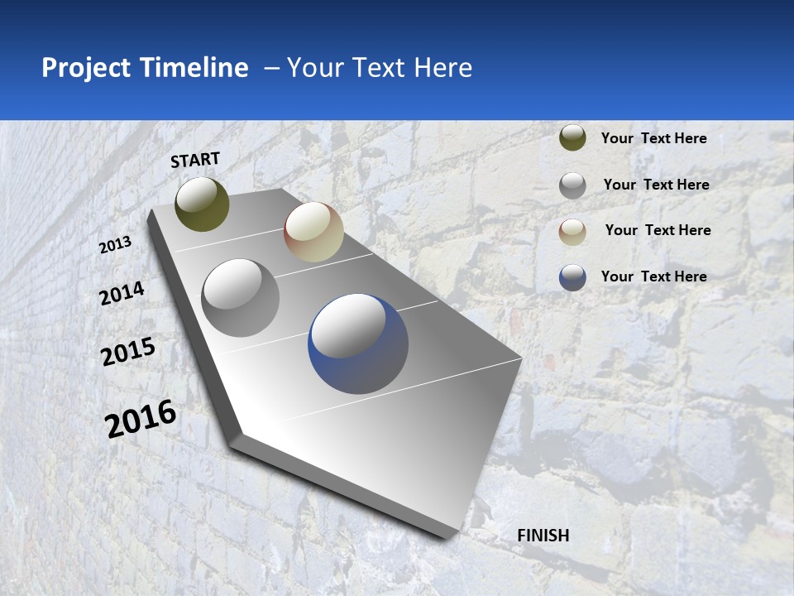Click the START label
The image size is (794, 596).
coord(195,160)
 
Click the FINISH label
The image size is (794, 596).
coord(543,536)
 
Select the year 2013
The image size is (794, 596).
coord(116,245)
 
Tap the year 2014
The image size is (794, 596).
coord(122,293)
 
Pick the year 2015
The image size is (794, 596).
coord(128,352)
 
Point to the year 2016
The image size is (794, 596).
coord(141,418)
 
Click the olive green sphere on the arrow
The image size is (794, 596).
coord(202,204)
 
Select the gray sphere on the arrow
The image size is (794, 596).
coord(241,298)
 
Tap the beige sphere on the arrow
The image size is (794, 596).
coord(313,232)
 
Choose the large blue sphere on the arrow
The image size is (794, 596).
coord(358,344)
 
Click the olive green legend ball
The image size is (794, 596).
coord(572,137)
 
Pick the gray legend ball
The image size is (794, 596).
coord(572,185)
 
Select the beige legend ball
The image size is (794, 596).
coord(572,232)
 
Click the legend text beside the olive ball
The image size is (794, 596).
coord(653,138)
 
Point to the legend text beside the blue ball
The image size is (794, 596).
coord(653,276)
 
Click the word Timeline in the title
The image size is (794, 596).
coord(194,68)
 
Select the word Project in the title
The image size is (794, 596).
coord(86,68)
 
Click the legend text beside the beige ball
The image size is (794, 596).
coord(658,230)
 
